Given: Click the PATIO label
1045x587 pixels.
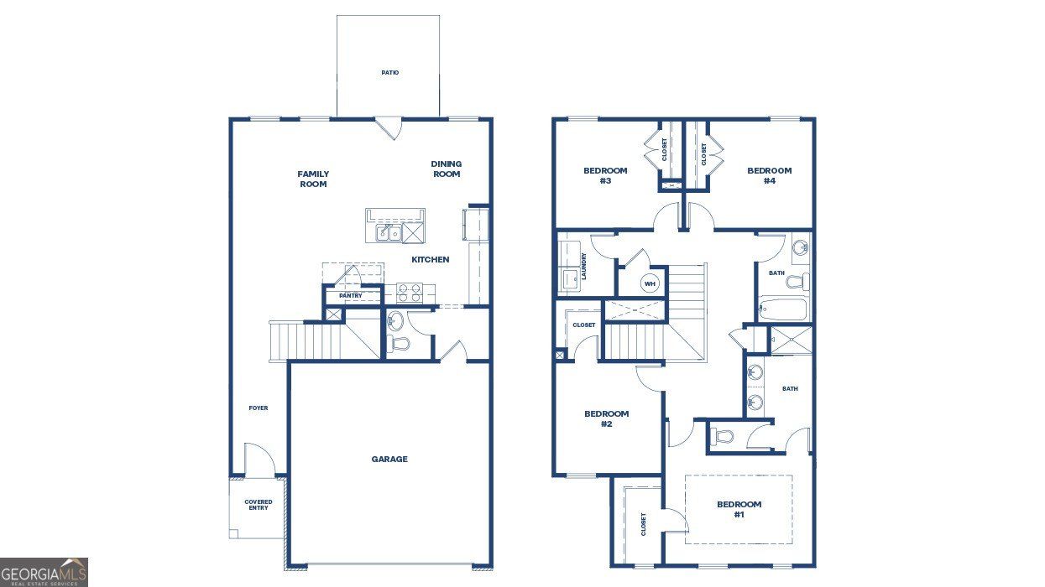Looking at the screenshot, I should (389, 73).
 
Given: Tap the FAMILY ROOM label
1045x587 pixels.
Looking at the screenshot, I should (313, 179).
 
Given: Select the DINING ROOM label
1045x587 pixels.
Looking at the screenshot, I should (447, 169).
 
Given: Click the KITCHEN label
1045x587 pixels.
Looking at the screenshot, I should (430, 260).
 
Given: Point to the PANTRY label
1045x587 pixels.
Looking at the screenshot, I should (351, 296).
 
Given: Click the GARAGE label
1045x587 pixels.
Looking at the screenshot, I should (389, 460).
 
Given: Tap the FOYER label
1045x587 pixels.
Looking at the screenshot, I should (258, 408).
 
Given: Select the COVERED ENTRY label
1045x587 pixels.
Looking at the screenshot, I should (259, 505).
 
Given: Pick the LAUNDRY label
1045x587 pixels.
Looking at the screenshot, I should (583, 266).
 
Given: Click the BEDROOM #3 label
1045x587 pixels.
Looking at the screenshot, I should (605, 175).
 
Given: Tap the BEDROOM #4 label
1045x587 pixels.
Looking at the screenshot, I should (770, 175).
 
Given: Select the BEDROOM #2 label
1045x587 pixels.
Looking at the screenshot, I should (606, 418).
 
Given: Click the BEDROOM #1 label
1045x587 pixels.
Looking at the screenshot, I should (739, 509).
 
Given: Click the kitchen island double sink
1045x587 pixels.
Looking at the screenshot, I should (388, 233).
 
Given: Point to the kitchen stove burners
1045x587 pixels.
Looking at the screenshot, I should (409, 293).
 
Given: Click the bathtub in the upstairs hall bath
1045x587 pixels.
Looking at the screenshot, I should (782, 310).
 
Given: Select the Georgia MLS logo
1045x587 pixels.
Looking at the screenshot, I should (44, 573).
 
